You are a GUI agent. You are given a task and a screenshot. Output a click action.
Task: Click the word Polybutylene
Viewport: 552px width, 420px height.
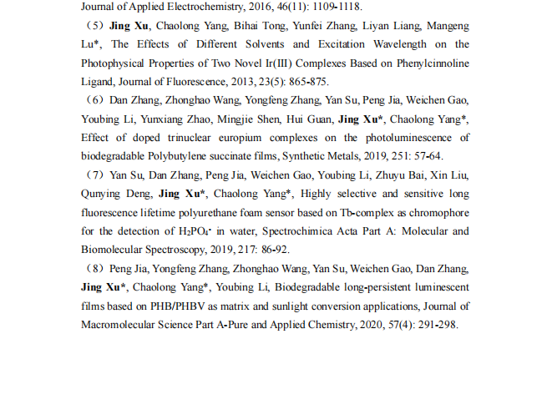pos(179,156)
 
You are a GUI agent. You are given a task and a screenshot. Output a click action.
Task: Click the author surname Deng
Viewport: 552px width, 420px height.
pos(138,194)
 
